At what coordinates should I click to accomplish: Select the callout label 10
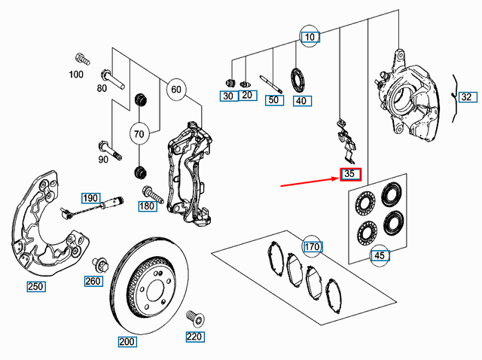(x=310, y=36)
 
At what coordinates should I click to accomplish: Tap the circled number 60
(x=175, y=90)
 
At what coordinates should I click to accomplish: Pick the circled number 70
(x=139, y=134)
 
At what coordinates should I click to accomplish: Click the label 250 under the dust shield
(x=35, y=286)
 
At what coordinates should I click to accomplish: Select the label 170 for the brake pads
(x=313, y=246)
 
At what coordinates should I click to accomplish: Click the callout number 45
(x=381, y=256)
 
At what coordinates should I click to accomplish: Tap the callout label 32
(x=467, y=97)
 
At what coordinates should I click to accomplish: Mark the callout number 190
(x=90, y=198)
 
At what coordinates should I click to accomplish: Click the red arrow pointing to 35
(x=309, y=181)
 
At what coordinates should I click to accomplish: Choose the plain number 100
(x=76, y=75)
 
